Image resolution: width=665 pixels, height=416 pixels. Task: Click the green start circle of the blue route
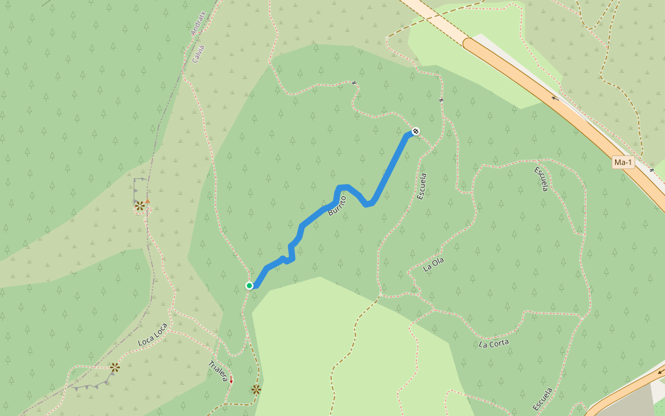[249, 285]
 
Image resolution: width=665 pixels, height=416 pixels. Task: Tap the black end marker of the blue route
[416, 131]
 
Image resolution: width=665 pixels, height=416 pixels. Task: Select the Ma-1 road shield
[623, 162]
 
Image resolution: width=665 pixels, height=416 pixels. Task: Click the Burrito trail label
[337, 201]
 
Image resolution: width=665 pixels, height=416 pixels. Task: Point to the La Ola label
[433, 265]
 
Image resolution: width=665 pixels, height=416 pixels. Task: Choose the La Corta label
[494, 343]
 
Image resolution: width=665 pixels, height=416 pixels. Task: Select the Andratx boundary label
[198, 23]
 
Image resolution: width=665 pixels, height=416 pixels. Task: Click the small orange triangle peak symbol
[147, 202]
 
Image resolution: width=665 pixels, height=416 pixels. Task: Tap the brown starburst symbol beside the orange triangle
[140, 205]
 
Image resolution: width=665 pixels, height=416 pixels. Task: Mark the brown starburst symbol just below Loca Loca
[115, 367]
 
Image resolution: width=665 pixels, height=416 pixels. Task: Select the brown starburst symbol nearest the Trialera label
[256, 390]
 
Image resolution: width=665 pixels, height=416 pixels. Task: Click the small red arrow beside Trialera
[231, 379]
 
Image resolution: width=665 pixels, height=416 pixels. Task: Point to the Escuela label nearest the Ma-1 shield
[542, 179]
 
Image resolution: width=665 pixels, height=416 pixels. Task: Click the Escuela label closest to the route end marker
[422, 187]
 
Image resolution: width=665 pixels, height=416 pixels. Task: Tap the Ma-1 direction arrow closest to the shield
[555, 98]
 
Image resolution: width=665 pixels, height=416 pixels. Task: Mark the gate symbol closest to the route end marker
[441, 101]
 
